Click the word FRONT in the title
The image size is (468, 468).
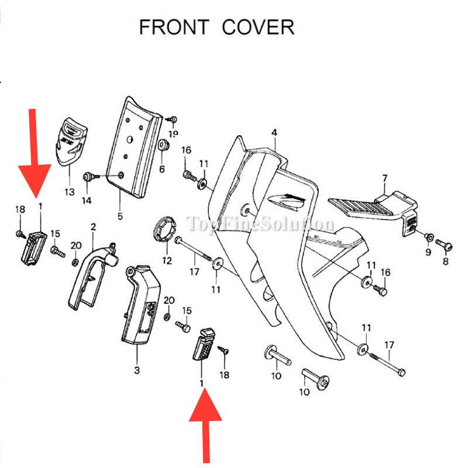(174, 27)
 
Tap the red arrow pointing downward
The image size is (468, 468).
(33, 155)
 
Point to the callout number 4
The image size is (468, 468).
(274, 133)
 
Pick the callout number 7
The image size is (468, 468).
(384, 178)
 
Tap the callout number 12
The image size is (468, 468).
(167, 260)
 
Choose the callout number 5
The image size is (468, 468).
(120, 216)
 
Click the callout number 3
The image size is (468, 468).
(137, 369)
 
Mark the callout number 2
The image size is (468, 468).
(93, 226)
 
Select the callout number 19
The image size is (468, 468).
(174, 134)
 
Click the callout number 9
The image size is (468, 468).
(428, 252)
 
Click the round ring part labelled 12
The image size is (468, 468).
(166, 230)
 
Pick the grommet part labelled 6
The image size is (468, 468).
(163, 153)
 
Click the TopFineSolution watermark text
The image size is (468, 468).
(260, 223)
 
